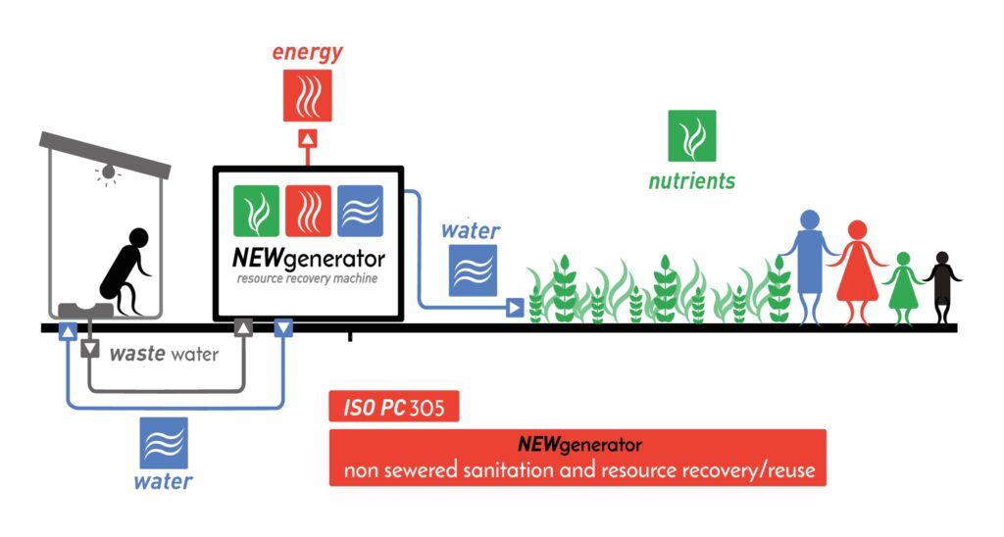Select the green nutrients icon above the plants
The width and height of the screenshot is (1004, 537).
691,135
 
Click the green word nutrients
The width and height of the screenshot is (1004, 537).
691,181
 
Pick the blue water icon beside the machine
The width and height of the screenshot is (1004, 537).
472,270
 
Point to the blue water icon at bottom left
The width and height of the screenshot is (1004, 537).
163,443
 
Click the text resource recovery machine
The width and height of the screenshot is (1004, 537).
307,280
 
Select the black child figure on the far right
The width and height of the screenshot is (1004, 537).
942,284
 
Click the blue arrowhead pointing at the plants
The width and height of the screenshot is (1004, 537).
514,309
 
